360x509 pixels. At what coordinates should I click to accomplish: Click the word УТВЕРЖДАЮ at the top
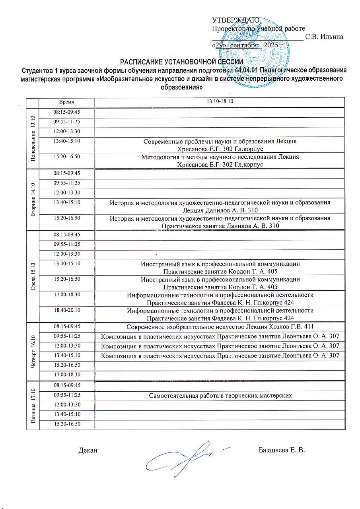point(235,20)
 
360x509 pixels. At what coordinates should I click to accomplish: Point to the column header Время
point(67,102)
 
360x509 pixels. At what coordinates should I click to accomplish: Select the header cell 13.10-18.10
point(220,102)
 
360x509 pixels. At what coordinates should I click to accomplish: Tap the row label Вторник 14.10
point(33,199)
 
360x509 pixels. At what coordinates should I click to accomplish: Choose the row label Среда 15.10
point(33,276)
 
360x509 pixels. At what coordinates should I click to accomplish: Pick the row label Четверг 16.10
point(33,351)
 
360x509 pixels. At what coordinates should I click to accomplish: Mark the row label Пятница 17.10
point(33,405)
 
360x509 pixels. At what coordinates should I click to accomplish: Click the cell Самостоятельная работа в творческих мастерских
point(220,396)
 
